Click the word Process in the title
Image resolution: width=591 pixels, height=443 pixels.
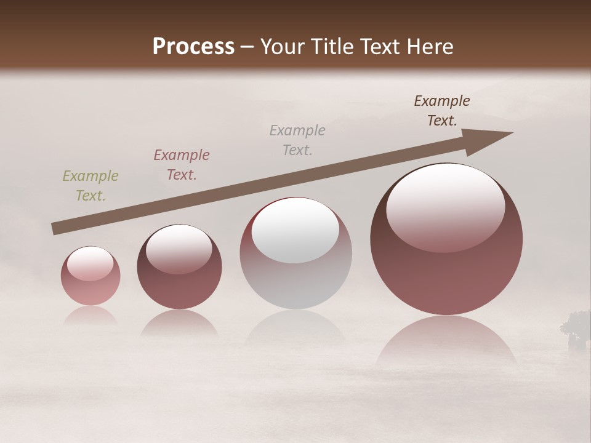point(193,47)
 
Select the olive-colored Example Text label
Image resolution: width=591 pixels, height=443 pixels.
point(90,186)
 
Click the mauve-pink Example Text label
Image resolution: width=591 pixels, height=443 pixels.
point(182,165)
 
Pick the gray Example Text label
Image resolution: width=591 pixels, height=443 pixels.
point(297,140)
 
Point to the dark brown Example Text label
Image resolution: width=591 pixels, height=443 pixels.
point(442,111)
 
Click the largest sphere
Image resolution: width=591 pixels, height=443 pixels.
point(446,271)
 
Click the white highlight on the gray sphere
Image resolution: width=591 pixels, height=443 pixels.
point(295,229)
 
